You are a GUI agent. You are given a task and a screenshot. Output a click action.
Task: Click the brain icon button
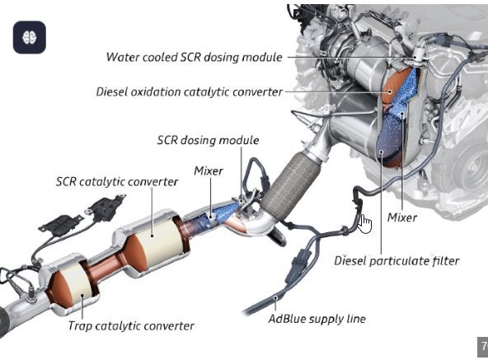pyautogui.click(x=30, y=37)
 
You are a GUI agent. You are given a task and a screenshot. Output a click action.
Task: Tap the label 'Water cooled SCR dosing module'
pyautogui.click(x=195, y=57)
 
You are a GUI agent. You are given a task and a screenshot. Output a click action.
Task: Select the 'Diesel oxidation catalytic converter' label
pyautogui.click(x=190, y=92)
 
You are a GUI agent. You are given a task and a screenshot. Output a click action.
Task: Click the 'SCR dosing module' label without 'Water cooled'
pyautogui.click(x=208, y=140)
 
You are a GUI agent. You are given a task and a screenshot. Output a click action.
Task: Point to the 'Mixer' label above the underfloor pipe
pyautogui.click(x=209, y=171)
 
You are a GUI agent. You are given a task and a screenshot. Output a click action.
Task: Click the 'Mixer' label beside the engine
pyautogui.click(x=402, y=217)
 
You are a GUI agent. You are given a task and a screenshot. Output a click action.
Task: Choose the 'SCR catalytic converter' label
pyautogui.click(x=117, y=182)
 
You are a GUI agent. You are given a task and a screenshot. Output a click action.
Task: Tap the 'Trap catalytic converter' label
pyautogui.click(x=131, y=326)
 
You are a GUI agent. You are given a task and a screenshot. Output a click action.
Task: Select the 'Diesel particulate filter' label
pyautogui.click(x=396, y=261)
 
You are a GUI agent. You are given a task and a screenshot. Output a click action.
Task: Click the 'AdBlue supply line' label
pyautogui.click(x=317, y=319)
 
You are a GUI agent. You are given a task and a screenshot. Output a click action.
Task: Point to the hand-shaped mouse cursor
pyautogui.click(x=365, y=224)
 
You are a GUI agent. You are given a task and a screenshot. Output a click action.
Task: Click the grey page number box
pyautogui.click(x=483, y=347)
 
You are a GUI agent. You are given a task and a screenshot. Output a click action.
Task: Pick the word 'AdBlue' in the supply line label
pyautogui.click(x=284, y=319)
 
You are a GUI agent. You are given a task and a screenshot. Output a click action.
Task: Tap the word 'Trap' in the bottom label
pyautogui.click(x=80, y=326)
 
